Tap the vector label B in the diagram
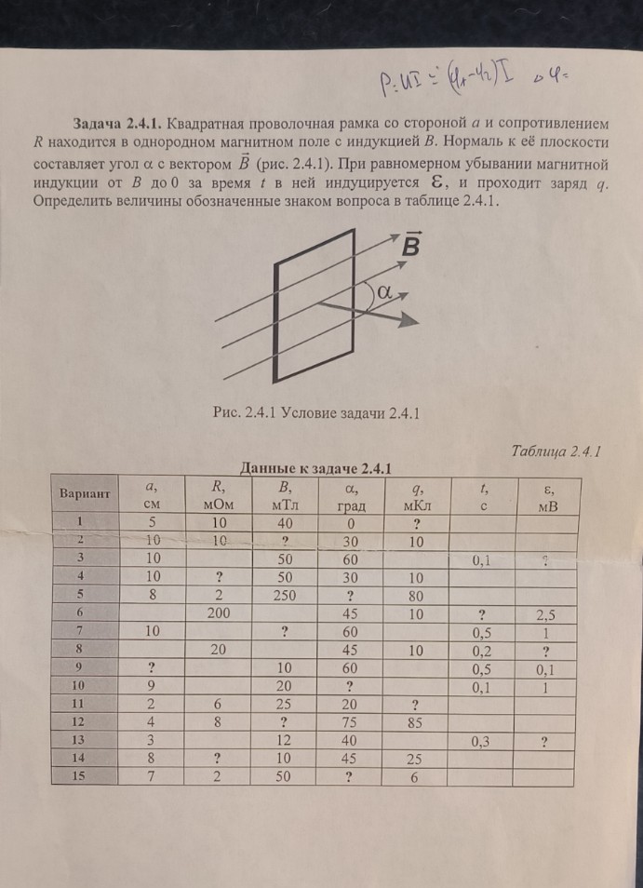410,248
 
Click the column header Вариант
85,492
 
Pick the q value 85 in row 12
416,720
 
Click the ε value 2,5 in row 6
546,615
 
